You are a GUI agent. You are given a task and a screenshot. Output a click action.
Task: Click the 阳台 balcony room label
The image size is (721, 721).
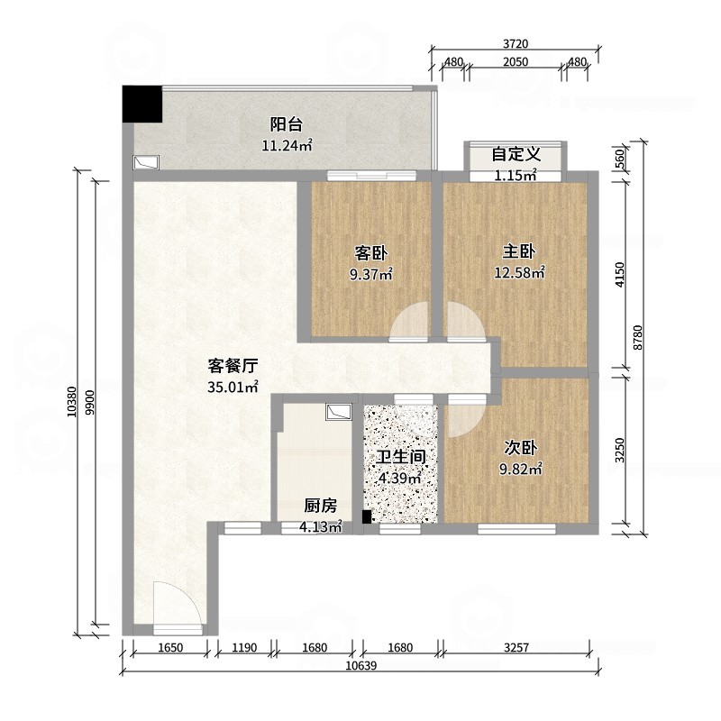click(286, 124)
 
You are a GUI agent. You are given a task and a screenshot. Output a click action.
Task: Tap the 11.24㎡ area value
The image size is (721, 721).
click(287, 146)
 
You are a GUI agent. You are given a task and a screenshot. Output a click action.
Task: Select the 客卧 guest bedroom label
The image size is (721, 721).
click(370, 253)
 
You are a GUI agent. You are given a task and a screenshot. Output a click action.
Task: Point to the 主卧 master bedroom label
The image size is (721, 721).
click(519, 251)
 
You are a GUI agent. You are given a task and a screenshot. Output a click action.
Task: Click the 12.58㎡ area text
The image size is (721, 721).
click(519, 273)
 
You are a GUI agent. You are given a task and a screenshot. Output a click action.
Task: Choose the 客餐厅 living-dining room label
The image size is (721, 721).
click(233, 366)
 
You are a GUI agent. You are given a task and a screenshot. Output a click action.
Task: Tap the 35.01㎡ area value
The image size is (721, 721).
click(233, 388)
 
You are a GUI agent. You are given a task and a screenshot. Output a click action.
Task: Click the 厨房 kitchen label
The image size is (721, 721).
click(321, 506)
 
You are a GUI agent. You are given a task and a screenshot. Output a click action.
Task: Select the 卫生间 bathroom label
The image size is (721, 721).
click(401, 457)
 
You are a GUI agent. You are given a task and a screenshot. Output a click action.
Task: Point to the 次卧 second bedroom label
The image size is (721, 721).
click(521, 447)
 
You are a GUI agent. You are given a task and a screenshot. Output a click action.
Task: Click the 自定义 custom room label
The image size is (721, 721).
click(516, 154)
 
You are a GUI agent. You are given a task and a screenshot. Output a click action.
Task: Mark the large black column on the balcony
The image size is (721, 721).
click(142, 104)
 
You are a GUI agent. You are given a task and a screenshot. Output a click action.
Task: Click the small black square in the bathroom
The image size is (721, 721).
click(367, 516)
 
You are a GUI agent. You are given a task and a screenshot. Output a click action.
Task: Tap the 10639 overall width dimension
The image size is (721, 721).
click(361, 665)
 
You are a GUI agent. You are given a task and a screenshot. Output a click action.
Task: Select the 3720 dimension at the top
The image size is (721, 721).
click(516, 44)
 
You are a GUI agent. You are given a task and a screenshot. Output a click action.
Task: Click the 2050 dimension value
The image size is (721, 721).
click(515, 62)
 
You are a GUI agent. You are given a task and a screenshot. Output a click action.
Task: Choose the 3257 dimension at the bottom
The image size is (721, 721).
click(516, 648)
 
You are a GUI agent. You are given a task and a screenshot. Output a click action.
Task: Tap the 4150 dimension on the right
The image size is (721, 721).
click(620, 275)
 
